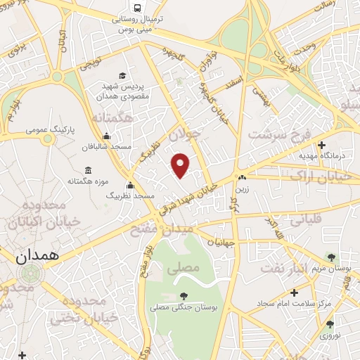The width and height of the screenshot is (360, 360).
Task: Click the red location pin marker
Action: (x=181, y=165)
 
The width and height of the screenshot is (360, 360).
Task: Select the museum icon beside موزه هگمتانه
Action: (x=88, y=170)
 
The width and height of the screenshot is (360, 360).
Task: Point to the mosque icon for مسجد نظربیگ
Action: (x=129, y=186)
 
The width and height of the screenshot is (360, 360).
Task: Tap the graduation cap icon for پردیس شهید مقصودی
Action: (x=122, y=75)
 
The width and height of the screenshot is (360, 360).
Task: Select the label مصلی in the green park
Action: (x=186, y=268)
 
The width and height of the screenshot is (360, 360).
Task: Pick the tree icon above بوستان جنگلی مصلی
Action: (x=184, y=296)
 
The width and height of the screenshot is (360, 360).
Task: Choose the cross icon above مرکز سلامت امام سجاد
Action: (x=294, y=292)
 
